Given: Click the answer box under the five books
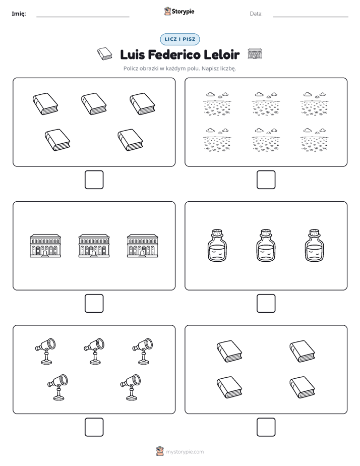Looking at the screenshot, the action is tap(94, 180).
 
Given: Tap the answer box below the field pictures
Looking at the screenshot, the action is tap(266, 180).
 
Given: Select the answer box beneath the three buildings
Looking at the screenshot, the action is tap(94, 303).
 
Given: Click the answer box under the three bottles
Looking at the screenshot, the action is tap(266, 303).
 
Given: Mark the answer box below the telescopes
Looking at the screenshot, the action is tap(94, 427).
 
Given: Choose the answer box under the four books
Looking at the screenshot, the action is tap(266, 427).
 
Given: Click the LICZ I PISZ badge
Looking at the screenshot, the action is tap(179, 39).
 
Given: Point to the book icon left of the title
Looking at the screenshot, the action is tap(104, 54).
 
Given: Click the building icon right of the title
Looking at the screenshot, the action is tap(255, 53).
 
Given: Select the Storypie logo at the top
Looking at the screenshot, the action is tap(179, 11).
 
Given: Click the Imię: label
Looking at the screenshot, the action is tap(19, 14).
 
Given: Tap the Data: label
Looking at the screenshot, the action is tap(256, 14).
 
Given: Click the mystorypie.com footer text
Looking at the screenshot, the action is tap(185, 452).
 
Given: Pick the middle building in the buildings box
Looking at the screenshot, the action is tap(94, 246).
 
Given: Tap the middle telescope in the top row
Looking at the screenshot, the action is tap(94, 351).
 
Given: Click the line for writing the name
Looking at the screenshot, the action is tap(83, 17).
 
